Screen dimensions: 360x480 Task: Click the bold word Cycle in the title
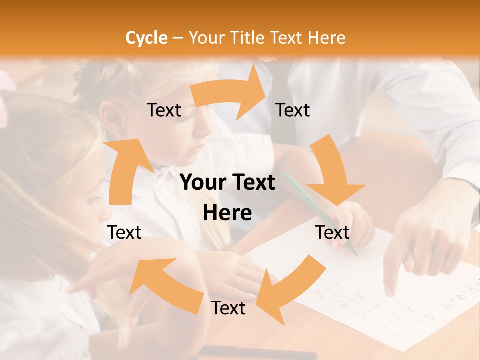(x=146, y=38)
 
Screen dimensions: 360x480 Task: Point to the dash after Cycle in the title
(x=178, y=38)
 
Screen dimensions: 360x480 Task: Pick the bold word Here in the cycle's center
(x=227, y=213)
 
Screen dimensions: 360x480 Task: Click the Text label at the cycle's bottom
(x=228, y=308)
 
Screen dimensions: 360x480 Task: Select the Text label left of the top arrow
(x=164, y=110)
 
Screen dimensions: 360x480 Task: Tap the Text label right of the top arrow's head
(x=293, y=110)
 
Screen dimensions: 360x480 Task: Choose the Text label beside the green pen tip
(x=332, y=232)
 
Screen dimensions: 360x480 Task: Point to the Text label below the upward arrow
(x=124, y=232)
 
